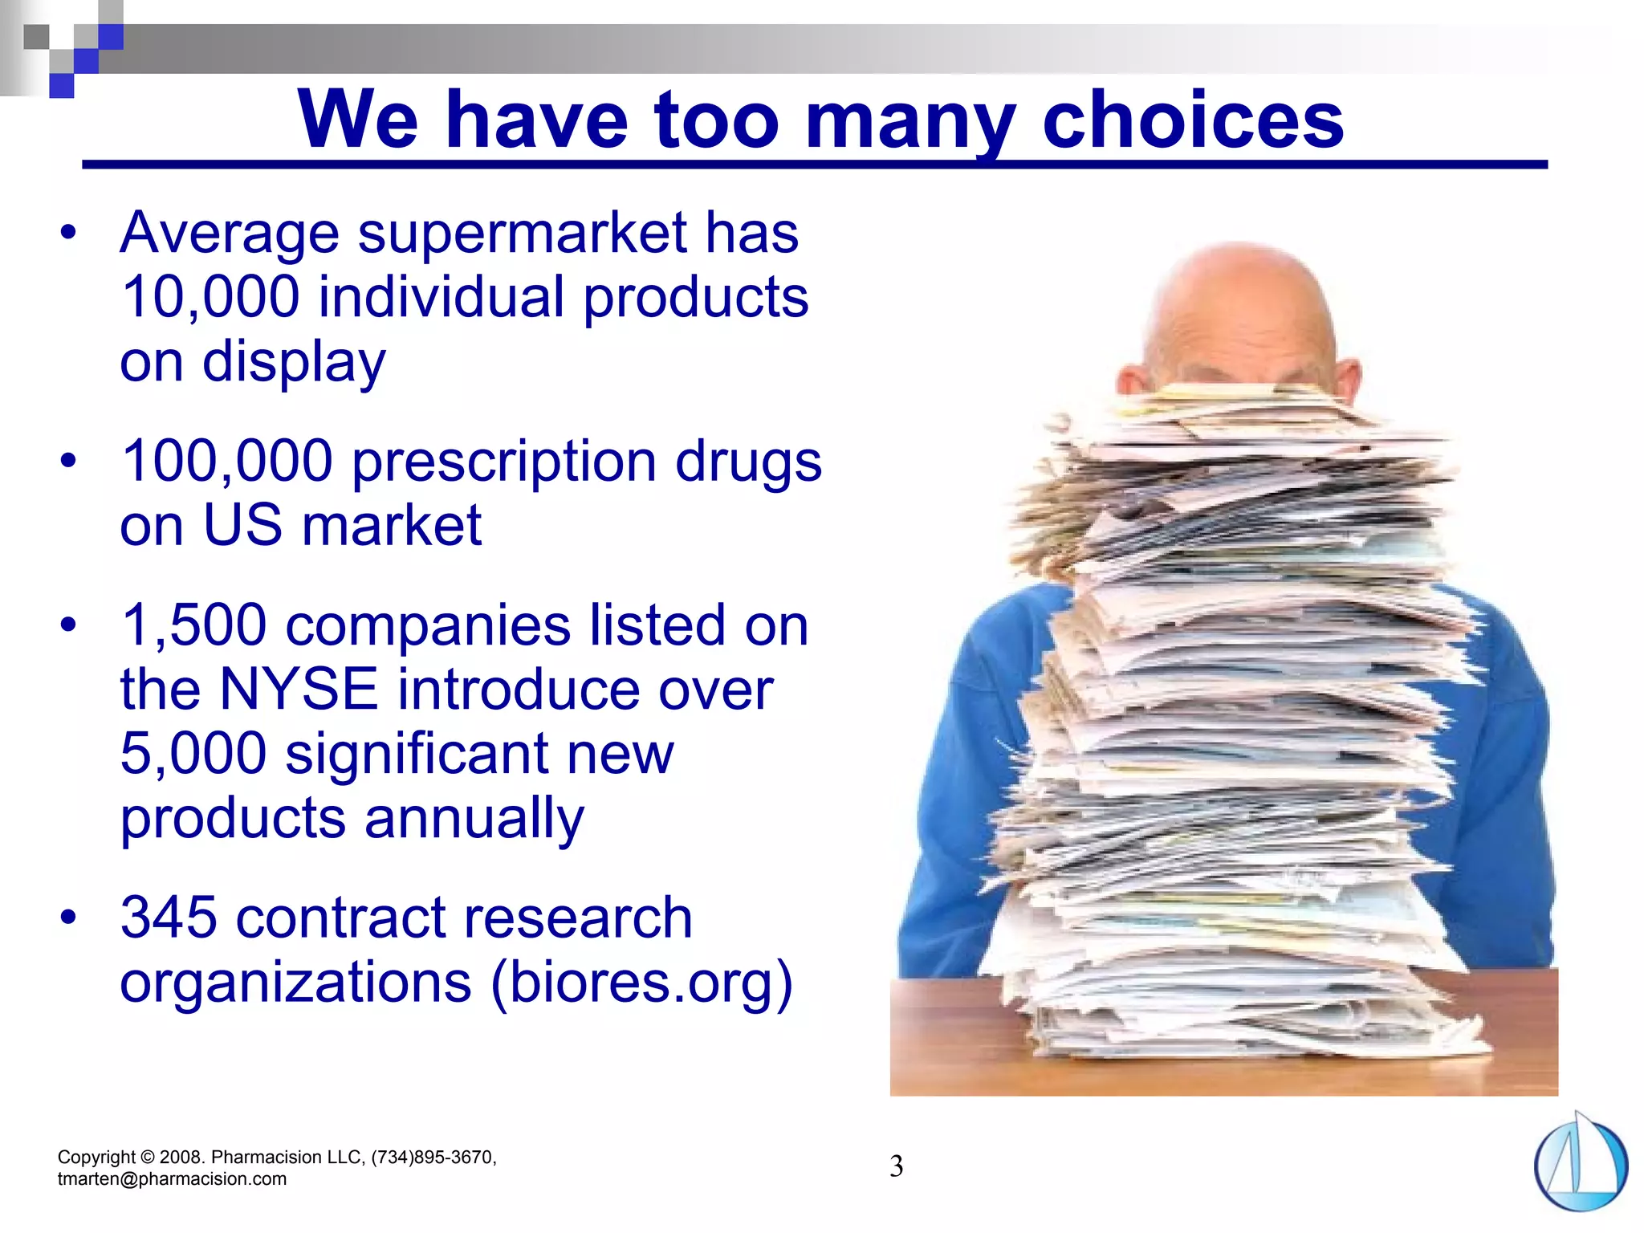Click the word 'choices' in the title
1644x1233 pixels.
pyautogui.click(x=1193, y=120)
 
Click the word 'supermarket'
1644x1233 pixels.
pyautogui.click(x=522, y=234)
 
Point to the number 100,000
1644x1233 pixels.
pyautogui.click(x=226, y=462)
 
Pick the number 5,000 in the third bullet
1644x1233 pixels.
pyautogui.click(x=193, y=754)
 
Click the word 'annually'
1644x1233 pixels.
pyautogui.click(x=474, y=819)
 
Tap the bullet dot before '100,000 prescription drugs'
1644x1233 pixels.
pyautogui.click(x=69, y=461)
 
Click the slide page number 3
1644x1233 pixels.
pyautogui.click(x=896, y=1166)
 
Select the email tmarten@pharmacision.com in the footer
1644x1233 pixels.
pyautogui.click(x=172, y=1179)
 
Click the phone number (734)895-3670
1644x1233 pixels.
pyautogui.click(x=433, y=1157)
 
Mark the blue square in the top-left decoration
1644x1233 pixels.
pyautogui.click(x=110, y=37)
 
